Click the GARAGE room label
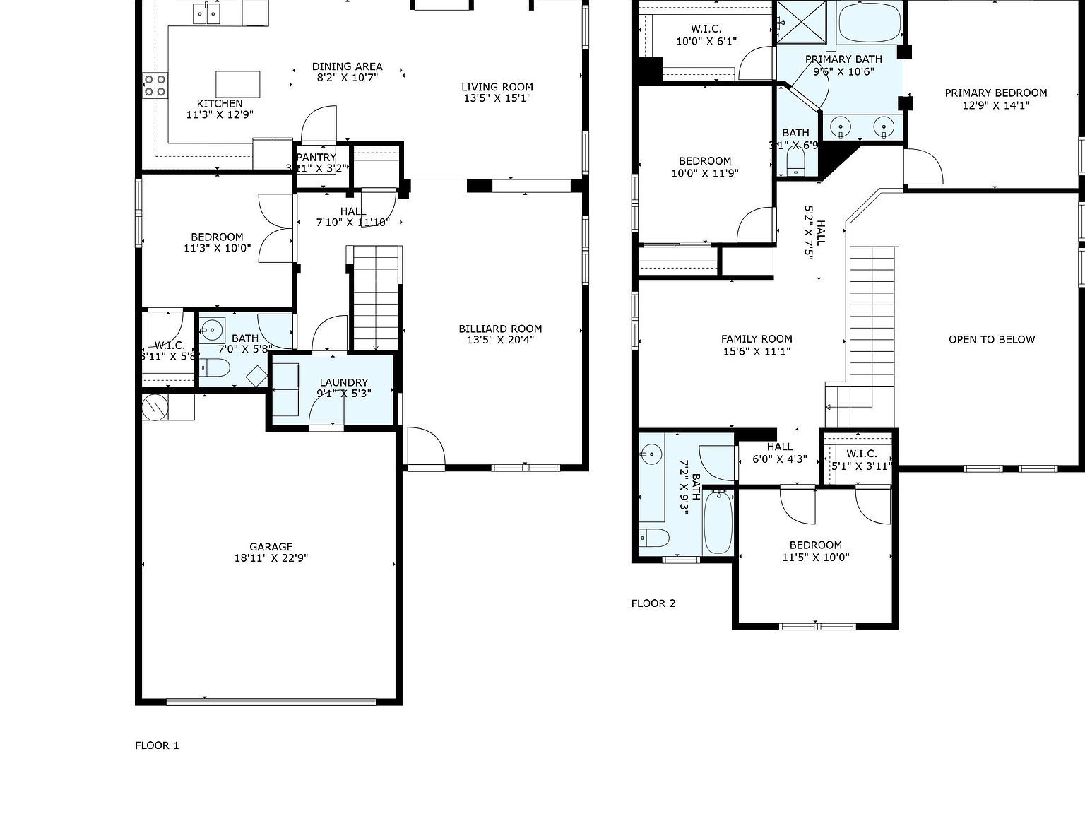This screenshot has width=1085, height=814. (271, 546)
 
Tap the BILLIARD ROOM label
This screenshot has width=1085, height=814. (500, 329)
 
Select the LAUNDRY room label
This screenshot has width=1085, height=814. (343, 382)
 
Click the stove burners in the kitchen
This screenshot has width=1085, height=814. (155, 85)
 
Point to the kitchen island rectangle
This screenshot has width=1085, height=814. (237, 84)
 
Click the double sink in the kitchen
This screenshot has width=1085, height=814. (207, 13)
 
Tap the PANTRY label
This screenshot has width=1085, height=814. (316, 157)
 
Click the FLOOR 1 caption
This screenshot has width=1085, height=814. (157, 745)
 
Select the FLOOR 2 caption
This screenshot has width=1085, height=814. (653, 603)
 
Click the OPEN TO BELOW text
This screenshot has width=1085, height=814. (991, 339)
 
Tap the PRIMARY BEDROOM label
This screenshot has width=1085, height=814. (995, 93)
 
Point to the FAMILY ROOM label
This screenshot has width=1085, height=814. (756, 338)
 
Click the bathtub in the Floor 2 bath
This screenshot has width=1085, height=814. (719, 523)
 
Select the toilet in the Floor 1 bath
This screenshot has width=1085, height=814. (215, 368)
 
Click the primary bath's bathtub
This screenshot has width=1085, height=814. (870, 23)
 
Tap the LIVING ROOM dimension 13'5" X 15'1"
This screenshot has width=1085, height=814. (497, 99)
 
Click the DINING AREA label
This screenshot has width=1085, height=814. (347, 66)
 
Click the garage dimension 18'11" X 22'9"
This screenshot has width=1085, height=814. (271, 558)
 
